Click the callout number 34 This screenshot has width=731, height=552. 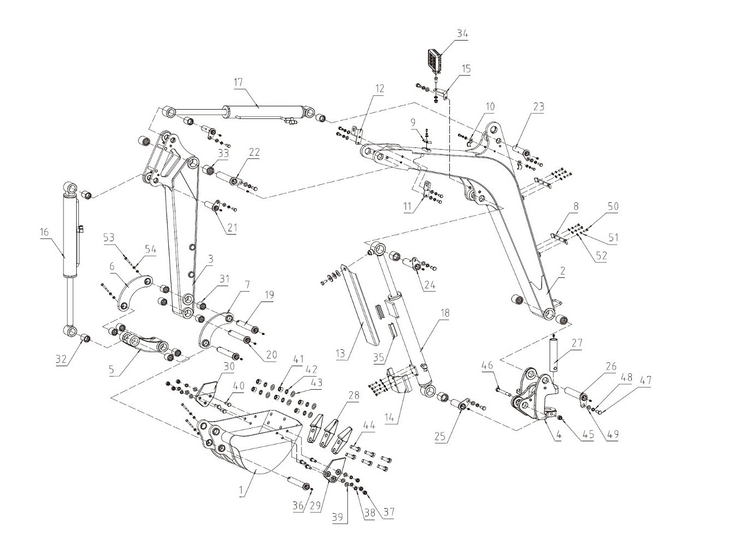click(x=462, y=34)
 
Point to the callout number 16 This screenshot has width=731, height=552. click(x=44, y=232)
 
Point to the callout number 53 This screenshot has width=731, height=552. click(x=110, y=237)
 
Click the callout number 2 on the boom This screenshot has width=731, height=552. click(x=563, y=271)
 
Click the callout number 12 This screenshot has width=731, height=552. click(x=379, y=88)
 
